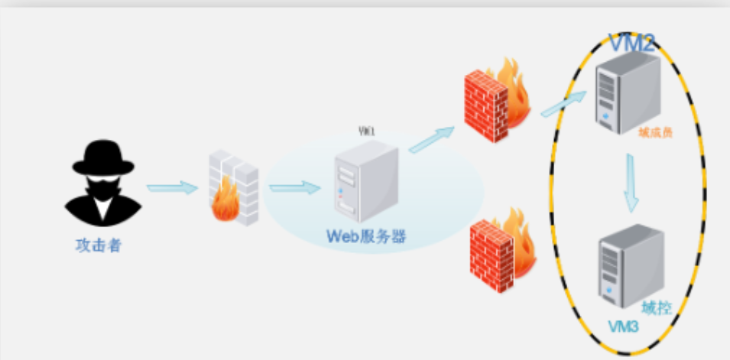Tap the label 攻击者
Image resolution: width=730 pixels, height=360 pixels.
coord(99,245)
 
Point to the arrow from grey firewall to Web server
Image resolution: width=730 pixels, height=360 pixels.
coord(294,187)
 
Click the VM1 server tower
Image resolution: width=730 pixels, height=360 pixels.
coord(366,183)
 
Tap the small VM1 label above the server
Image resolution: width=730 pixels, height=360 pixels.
coord(367,131)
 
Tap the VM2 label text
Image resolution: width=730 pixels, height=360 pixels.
coord(631,43)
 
